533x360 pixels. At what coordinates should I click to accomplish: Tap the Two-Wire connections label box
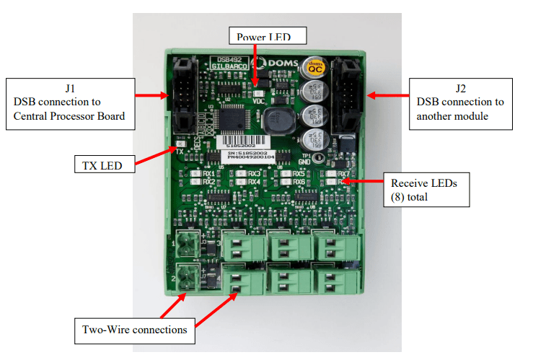(x=134, y=330)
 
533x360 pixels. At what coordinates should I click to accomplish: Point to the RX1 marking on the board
(x=208, y=173)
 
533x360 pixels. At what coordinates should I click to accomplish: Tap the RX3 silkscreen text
(x=253, y=173)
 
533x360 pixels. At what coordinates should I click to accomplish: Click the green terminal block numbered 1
(x=187, y=244)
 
